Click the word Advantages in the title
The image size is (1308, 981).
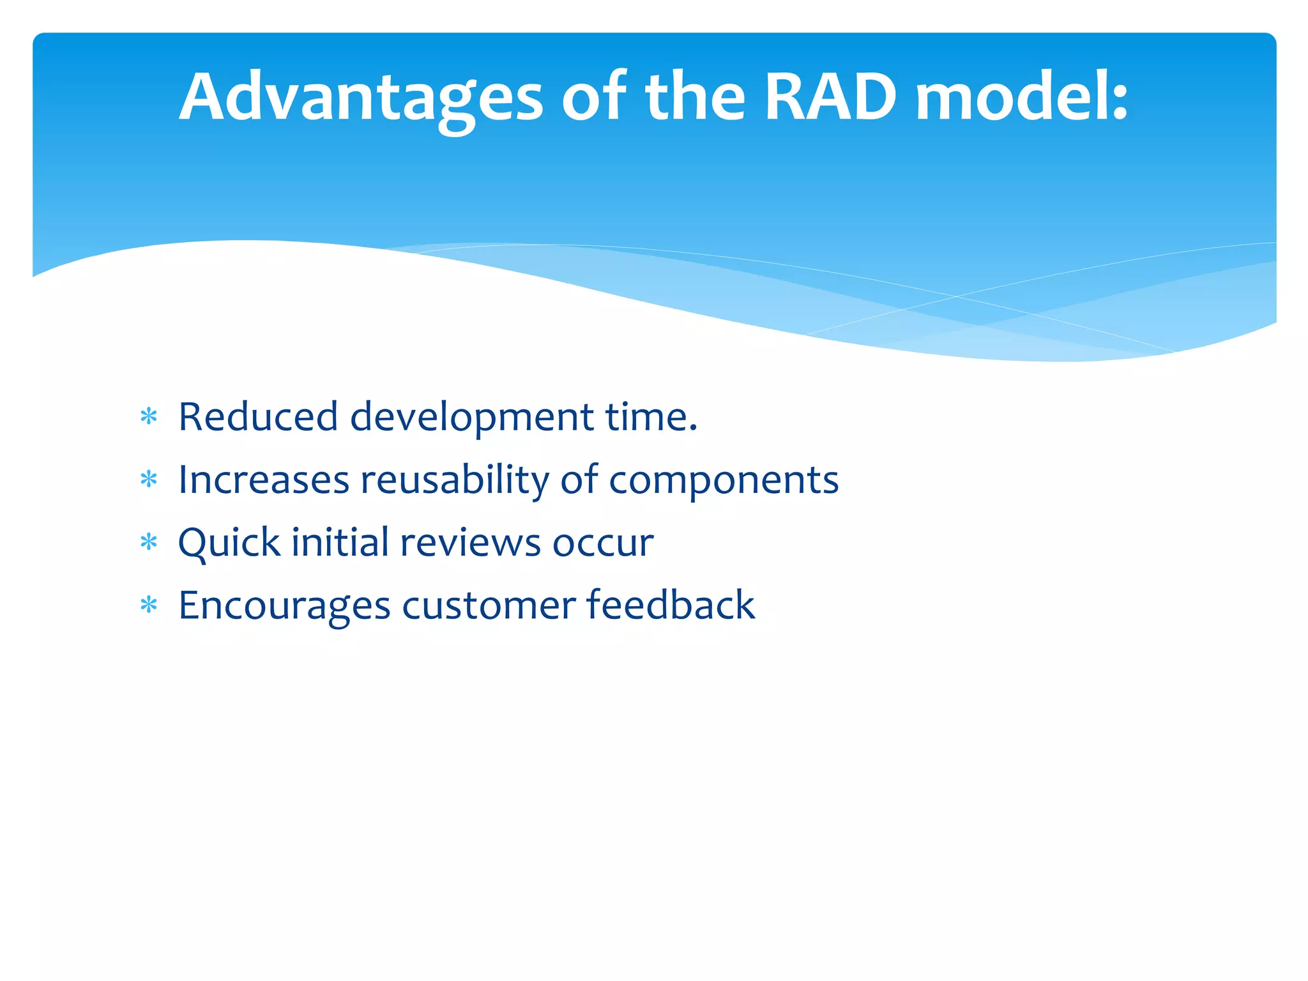361,98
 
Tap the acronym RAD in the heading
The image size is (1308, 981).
831,98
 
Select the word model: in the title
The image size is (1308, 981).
1022,98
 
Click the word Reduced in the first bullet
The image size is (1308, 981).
257,417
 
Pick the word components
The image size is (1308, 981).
724,481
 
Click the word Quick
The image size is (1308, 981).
229,543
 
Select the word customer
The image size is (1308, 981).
489,606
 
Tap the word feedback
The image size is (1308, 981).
671,605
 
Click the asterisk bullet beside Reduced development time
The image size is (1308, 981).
149,417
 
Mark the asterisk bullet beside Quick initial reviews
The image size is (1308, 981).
149,543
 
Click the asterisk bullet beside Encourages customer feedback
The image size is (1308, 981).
149,605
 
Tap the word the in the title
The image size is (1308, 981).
696,98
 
